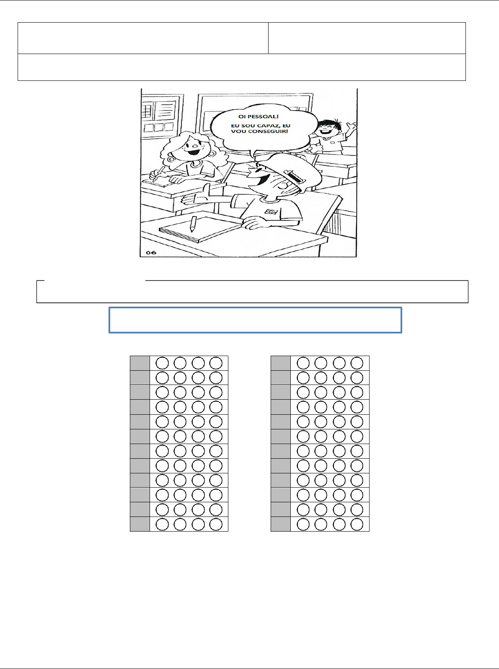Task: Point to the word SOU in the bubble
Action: pyautogui.click(x=248, y=126)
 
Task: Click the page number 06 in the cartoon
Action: pyautogui.click(x=151, y=252)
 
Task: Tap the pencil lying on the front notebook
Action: pyautogui.click(x=193, y=224)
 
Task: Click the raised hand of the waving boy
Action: pyautogui.click(x=352, y=126)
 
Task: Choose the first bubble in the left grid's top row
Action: pyautogui.click(x=162, y=363)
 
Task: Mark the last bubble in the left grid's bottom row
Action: pyautogui.click(x=216, y=524)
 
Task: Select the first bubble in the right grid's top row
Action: pyautogui.click(x=303, y=363)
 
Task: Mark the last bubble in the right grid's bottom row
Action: pyautogui.click(x=357, y=524)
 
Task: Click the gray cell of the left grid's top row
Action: pyautogui.click(x=140, y=363)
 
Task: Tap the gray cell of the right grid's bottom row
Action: pyautogui.click(x=281, y=524)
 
